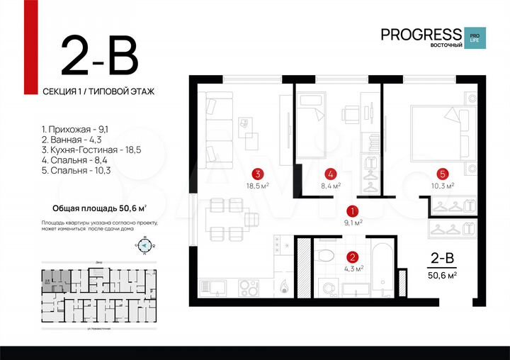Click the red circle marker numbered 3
coord(260,173)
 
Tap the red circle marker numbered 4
coord(330,173)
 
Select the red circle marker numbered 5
coord(442,173)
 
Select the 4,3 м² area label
coord(353,269)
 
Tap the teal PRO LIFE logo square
coord(475,38)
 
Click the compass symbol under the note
coord(144,245)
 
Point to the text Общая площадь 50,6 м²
coord(100,208)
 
